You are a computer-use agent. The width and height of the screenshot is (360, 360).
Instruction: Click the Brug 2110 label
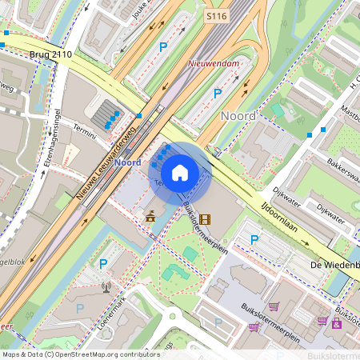50,54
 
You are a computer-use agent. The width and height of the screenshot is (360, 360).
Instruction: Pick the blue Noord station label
128,162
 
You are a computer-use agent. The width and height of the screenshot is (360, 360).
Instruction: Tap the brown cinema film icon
206,218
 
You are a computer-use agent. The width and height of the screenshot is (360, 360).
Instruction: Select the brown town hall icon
150,216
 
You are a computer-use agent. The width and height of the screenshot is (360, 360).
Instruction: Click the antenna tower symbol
106,287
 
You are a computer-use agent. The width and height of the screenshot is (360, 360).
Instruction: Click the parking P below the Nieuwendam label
217,94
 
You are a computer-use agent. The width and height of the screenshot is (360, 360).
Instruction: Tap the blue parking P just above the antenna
102,263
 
